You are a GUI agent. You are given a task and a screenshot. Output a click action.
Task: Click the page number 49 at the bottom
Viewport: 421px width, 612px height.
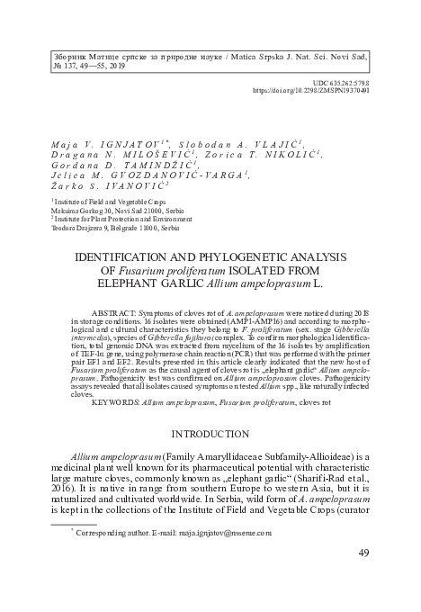coord(384,577)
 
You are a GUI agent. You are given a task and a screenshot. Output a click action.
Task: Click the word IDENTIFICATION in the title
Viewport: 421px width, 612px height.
coord(133,256)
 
